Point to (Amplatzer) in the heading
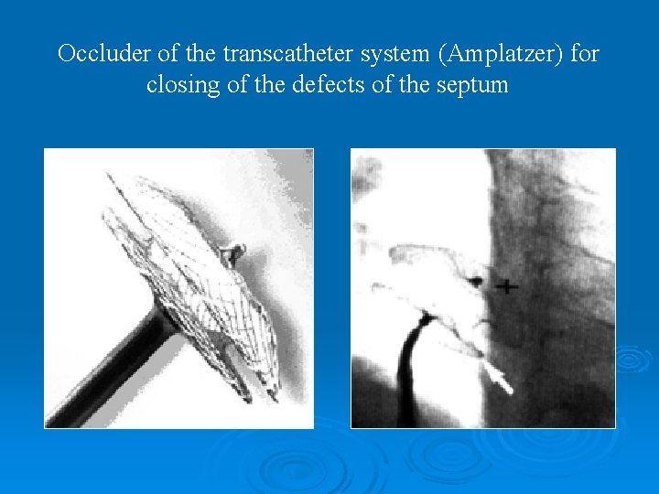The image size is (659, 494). coord(502,54)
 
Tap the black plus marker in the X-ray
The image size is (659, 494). coord(506,286)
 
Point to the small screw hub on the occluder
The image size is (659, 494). coord(235,252)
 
